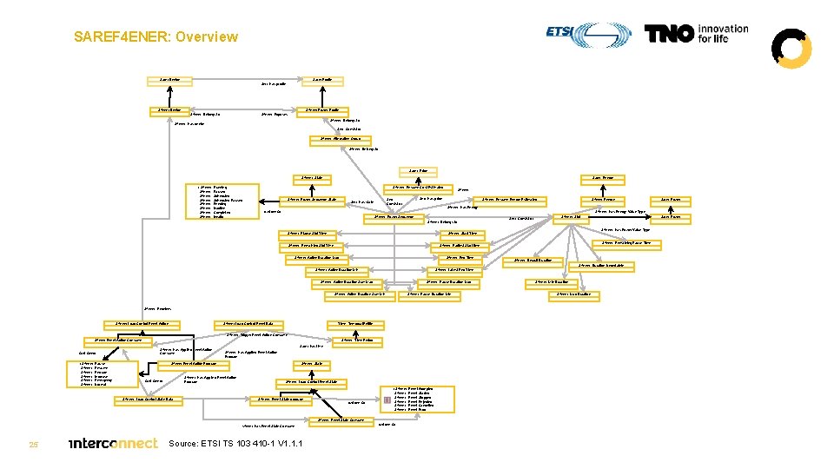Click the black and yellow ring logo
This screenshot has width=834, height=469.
pyautogui.click(x=791, y=48)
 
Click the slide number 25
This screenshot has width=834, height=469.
pyautogui.click(x=33, y=445)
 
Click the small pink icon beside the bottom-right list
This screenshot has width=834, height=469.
pyautogui.click(x=387, y=400)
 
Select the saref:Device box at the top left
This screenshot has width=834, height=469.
pyautogui.click(x=169, y=81)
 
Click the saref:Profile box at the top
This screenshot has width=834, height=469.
pyautogui.click(x=321, y=81)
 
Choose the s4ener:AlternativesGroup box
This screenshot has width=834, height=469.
pyautogui.click(x=341, y=139)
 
